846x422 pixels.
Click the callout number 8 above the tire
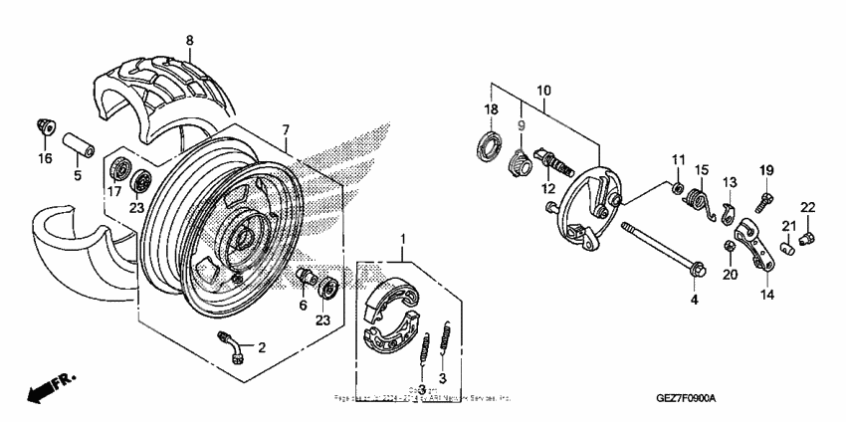[190, 40]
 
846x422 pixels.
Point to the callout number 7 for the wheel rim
[285, 129]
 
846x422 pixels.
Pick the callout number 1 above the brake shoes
[403, 239]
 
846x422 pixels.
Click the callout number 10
[544, 91]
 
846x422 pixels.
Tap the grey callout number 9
[519, 125]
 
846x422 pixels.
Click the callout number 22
[807, 206]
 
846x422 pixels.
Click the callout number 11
[678, 160]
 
